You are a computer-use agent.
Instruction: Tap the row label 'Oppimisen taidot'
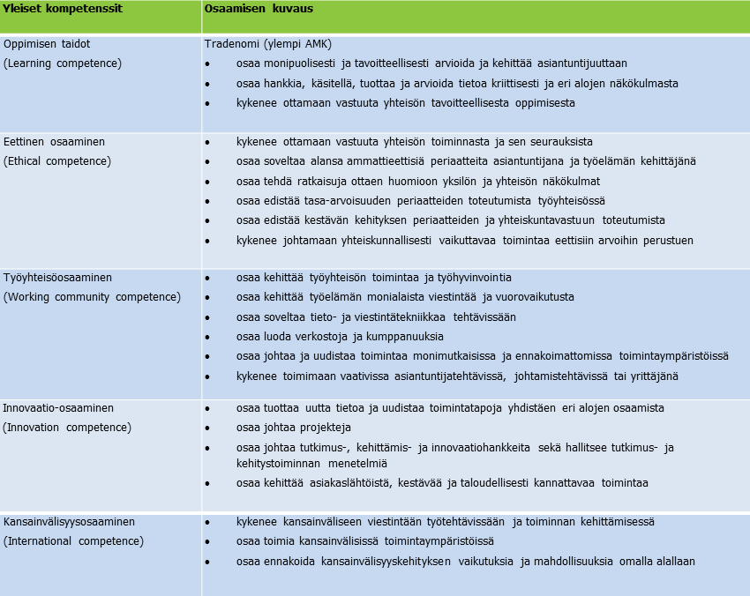(47, 43)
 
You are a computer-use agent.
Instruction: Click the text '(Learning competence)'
(63, 63)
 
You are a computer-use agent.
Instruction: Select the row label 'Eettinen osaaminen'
(53, 141)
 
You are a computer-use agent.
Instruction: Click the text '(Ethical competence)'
(57, 161)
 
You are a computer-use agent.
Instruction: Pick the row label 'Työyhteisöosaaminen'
(58, 277)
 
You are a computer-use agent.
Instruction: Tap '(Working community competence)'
(92, 297)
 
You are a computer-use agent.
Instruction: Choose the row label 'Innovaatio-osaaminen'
(58, 408)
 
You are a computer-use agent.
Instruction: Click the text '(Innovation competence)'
(67, 428)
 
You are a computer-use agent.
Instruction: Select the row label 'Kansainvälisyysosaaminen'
(70, 522)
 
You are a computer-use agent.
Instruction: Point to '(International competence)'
(73, 541)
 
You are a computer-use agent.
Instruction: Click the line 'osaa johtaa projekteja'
(294, 428)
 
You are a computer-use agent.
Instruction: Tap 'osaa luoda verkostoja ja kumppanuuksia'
(340, 337)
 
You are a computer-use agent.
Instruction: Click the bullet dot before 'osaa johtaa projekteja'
(207, 428)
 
